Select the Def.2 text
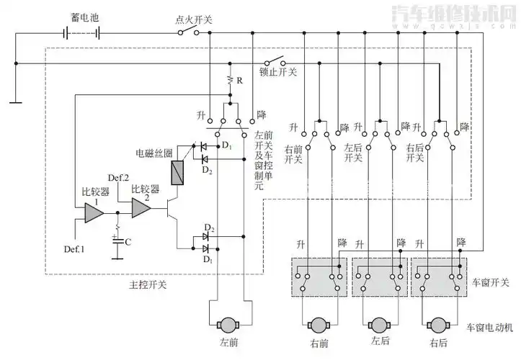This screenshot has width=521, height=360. pyautogui.click(x=117, y=178)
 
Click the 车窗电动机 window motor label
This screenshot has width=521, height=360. pyautogui.click(x=490, y=328)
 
